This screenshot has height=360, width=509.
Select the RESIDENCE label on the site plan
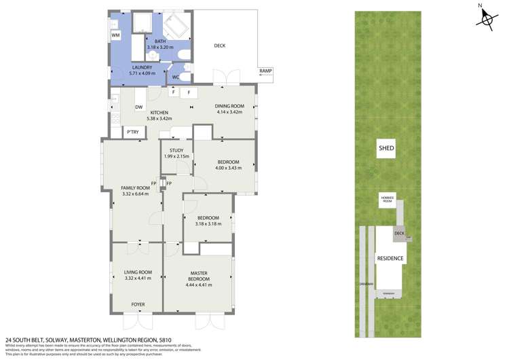pos(390,258)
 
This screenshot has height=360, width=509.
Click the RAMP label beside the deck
pos(265,71)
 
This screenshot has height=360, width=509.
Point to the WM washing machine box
pos(115,35)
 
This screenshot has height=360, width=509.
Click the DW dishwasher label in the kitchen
pos(138,107)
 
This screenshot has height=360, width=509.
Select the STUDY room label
pos(176,150)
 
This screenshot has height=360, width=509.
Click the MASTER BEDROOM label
pos(198,276)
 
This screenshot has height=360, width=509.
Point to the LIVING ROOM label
pos(138,272)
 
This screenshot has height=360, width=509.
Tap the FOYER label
pos(138,304)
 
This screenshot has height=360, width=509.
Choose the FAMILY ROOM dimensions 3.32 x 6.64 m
pos(135,194)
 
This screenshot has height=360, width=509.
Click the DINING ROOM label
pos(229,106)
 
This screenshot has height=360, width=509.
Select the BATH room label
pos(160,41)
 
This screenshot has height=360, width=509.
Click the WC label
pos(175,77)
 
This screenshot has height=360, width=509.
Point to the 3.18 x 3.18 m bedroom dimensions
pos(208,223)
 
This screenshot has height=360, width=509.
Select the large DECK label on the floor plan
pos(219,46)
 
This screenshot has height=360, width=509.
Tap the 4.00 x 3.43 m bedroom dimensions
pos(227,168)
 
